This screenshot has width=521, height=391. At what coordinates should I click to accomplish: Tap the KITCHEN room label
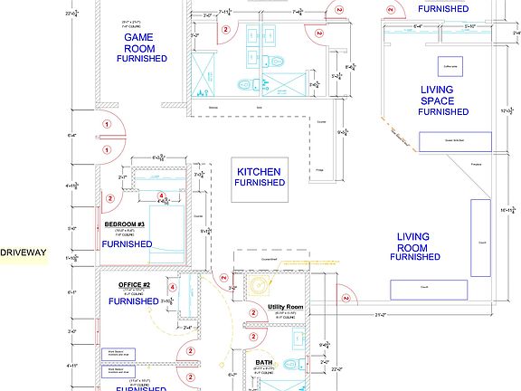(259, 172)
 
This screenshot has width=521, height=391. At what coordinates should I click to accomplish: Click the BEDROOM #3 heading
(130, 224)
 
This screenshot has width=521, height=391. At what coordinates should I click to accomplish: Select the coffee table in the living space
(450, 67)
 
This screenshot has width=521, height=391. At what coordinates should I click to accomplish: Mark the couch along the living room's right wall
(481, 237)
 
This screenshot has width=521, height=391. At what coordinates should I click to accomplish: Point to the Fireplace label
(477, 164)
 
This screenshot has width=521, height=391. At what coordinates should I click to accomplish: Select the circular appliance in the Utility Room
(261, 285)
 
